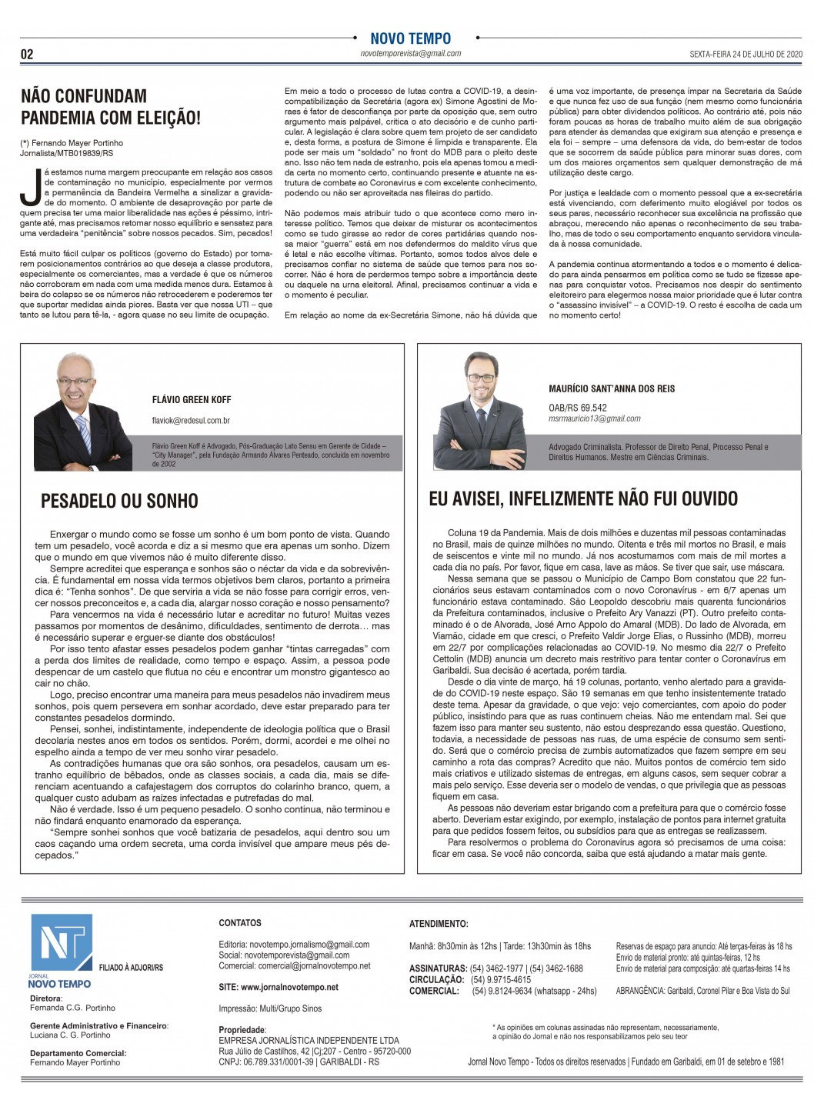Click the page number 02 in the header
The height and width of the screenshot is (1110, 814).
[26, 55]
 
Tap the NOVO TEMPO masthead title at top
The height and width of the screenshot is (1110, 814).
[411, 38]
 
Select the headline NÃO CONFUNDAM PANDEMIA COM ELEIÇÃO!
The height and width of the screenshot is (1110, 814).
[111, 107]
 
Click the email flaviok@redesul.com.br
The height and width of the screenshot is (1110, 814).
[192, 421]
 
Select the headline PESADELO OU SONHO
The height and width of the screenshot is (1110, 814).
[119, 502]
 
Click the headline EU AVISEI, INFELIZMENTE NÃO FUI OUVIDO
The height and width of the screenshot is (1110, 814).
[583, 499]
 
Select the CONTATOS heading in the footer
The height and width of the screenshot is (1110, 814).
[240, 923]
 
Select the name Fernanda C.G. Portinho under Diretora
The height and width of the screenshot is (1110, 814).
[72, 1008]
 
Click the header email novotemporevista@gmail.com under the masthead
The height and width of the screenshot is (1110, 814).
[411, 54]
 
